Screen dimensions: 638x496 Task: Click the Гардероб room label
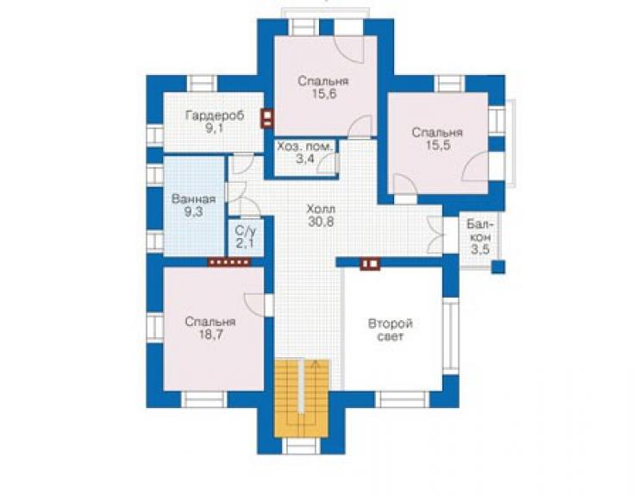(x=215, y=116)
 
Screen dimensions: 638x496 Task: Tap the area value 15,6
(x=324, y=94)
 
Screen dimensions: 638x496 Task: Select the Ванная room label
(x=193, y=199)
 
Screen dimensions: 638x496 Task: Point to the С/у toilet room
(x=247, y=238)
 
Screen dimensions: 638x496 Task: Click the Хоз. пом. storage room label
(x=305, y=147)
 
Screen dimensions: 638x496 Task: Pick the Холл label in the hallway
(x=321, y=210)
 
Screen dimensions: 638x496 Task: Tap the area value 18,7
(x=210, y=335)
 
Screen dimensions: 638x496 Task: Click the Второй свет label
(x=391, y=330)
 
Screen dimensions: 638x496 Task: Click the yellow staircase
(x=302, y=399)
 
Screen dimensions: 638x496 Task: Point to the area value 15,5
(x=438, y=146)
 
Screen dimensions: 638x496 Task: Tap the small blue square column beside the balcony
(x=498, y=267)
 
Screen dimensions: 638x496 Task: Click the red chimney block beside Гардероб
(x=267, y=118)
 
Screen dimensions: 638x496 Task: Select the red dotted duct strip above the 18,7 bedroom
(x=228, y=262)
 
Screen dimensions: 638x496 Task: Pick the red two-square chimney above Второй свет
(x=370, y=264)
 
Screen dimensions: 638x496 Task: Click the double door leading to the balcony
(x=435, y=235)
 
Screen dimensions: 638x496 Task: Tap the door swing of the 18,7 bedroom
(x=254, y=305)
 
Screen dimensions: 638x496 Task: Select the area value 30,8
(x=321, y=223)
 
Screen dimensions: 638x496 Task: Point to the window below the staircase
(x=301, y=446)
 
